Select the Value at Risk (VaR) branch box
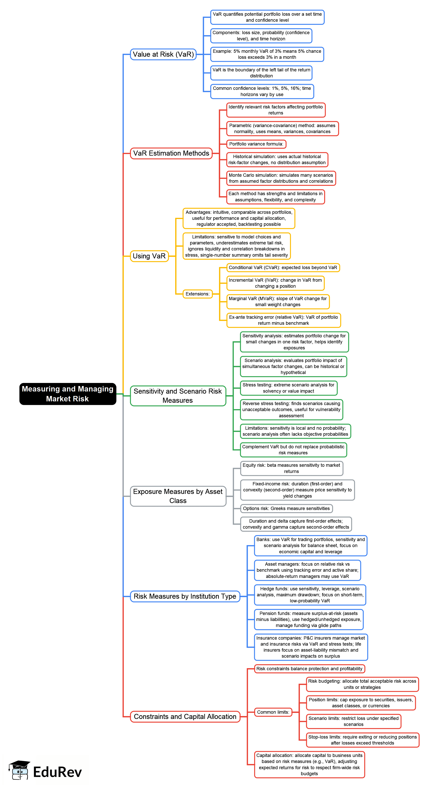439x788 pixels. coord(163,55)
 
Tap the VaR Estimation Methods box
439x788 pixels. coord(171,153)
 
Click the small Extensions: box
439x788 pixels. coord(197,294)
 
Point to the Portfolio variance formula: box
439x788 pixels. coord(256,144)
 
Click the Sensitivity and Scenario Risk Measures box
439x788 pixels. coord(178,396)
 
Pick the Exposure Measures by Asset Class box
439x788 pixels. coord(178,496)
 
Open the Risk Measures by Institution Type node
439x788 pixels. coord(185,597)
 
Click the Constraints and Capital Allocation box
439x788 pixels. coord(185,717)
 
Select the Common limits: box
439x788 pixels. coord(273,712)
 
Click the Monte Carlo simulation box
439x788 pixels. coord(281,178)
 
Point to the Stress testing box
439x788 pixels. coord(288,388)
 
